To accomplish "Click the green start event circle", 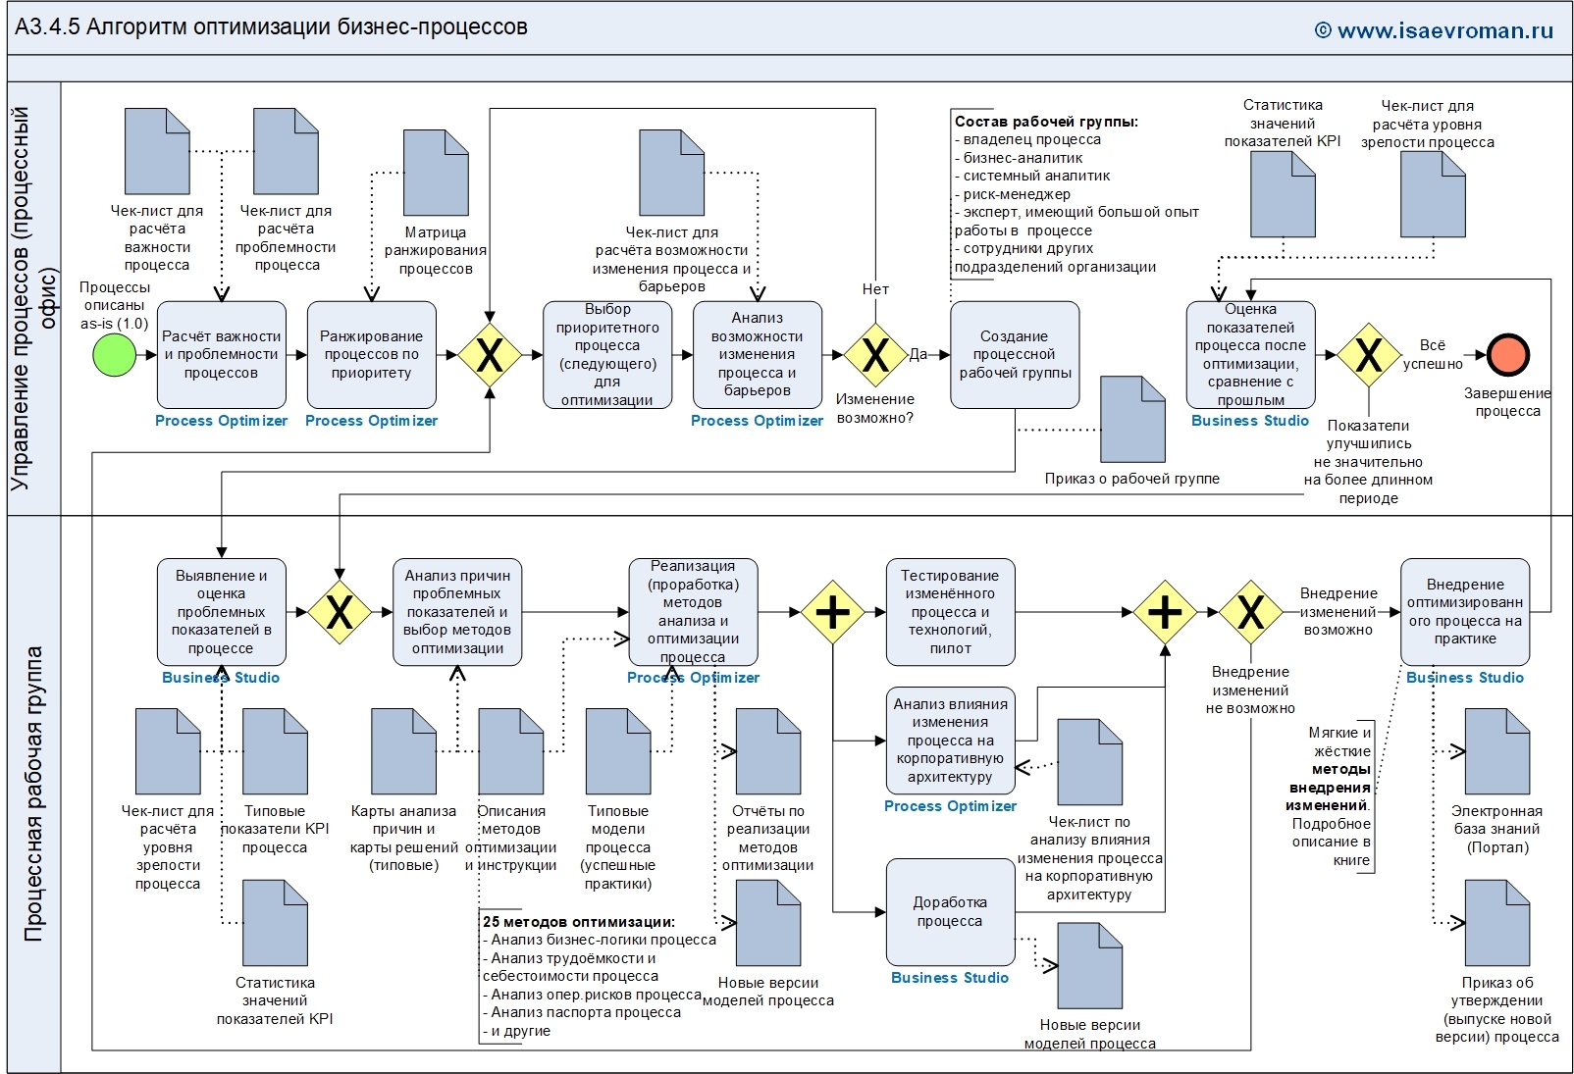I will [114, 354].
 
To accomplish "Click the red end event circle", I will [1507, 354].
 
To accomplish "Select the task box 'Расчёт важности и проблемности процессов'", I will [222, 354].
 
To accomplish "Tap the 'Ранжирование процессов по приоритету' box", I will [371, 354].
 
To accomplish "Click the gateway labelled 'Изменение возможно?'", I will [875, 354].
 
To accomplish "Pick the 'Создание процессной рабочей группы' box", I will [1015, 354].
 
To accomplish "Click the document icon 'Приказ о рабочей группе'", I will [1132, 419].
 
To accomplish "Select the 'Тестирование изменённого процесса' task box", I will [950, 612].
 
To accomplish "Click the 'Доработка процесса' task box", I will [950, 911].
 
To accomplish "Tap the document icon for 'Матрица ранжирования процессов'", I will [437, 173].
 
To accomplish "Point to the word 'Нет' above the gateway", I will [875, 289].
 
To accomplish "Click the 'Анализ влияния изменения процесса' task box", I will [950, 740].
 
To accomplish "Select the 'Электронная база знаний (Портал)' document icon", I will [1496, 751].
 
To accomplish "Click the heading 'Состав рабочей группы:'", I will [1046, 122].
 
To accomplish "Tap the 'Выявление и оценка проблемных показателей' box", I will [222, 612].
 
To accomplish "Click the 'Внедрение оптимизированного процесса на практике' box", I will [1465, 612].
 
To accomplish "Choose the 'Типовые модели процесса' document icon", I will [618, 751].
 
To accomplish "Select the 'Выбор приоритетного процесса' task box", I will [607, 354].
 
